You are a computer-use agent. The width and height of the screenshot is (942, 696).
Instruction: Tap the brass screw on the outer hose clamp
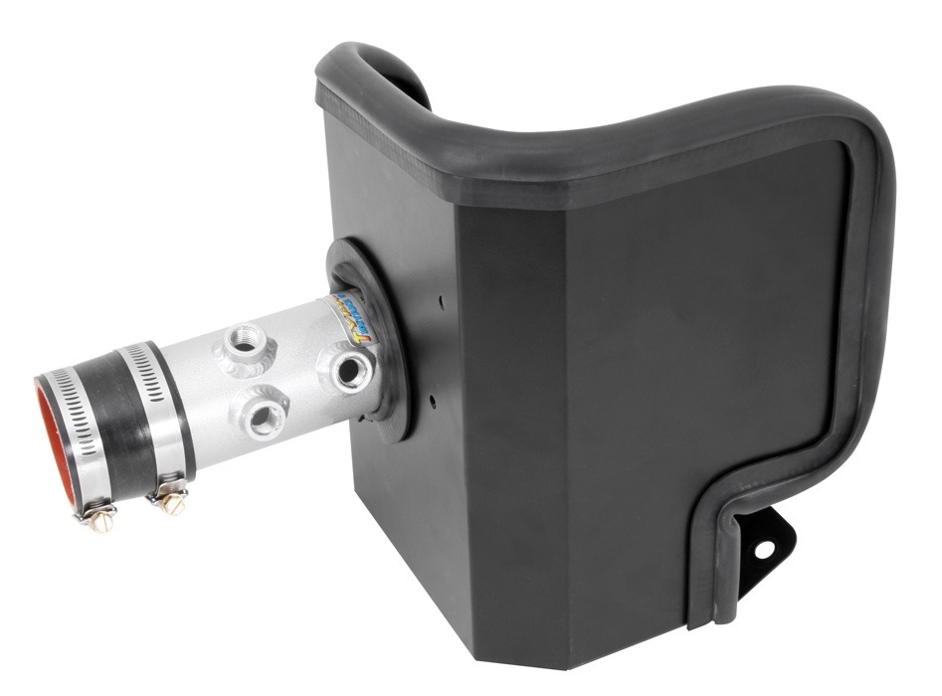click(x=100, y=516)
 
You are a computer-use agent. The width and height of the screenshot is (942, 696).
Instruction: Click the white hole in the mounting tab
click(x=763, y=547)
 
